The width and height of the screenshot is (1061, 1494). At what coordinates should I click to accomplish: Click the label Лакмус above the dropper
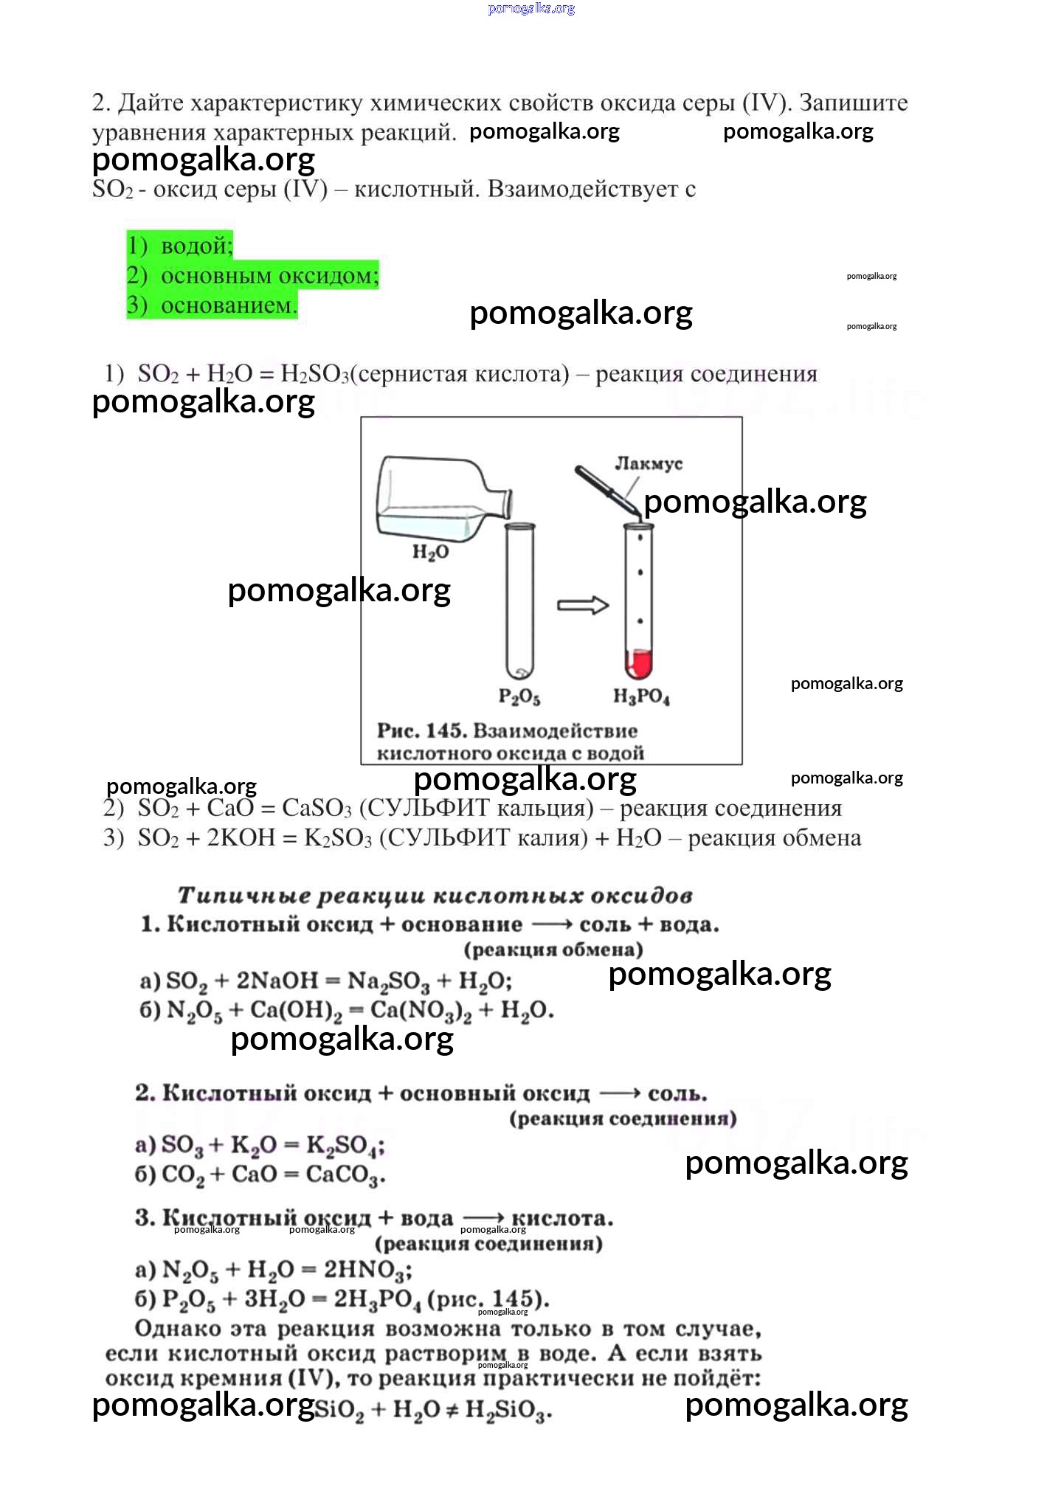[x=649, y=463]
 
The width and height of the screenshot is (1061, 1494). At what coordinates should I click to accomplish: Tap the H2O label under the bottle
[x=430, y=552]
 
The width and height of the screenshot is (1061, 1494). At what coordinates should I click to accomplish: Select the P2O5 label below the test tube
[x=519, y=696]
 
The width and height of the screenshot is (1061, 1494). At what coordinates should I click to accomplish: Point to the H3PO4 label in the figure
[x=641, y=696]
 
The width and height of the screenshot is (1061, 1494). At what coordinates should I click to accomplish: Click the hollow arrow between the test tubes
[x=582, y=605]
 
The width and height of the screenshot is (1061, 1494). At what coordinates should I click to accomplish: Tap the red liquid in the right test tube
[x=639, y=663]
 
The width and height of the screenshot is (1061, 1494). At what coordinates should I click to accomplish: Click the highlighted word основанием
[x=229, y=305]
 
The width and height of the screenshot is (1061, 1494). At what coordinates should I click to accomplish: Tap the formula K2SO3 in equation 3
[x=337, y=839]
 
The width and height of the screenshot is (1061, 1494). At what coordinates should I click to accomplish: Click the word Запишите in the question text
[x=854, y=102]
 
